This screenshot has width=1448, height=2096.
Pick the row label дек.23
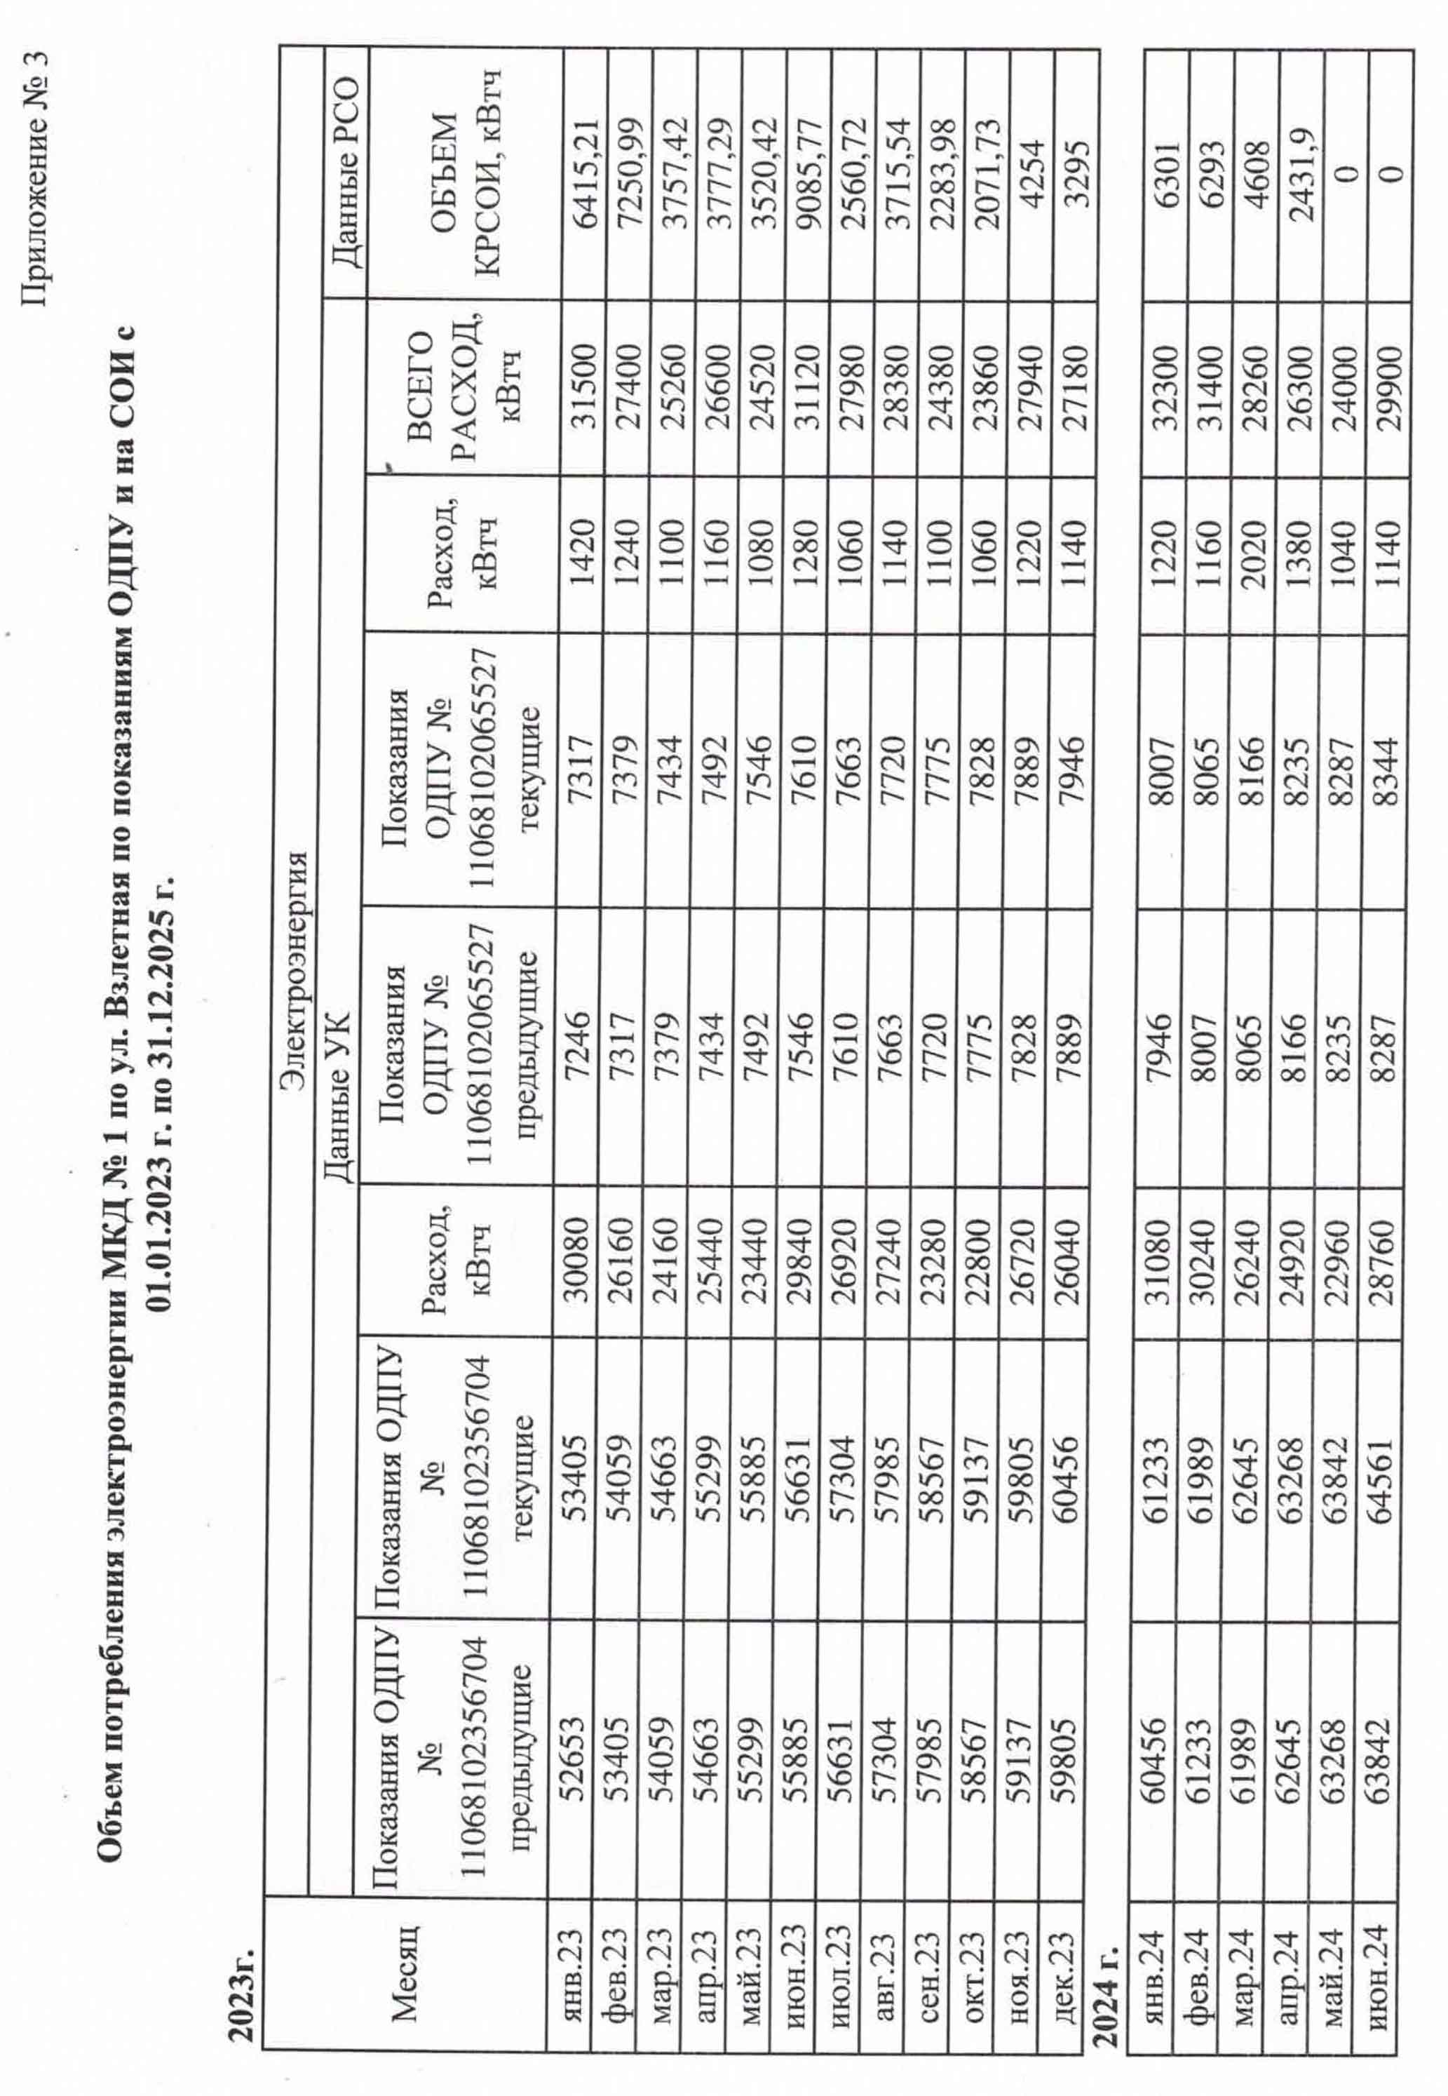pyautogui.click(x=1072, y=1951)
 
